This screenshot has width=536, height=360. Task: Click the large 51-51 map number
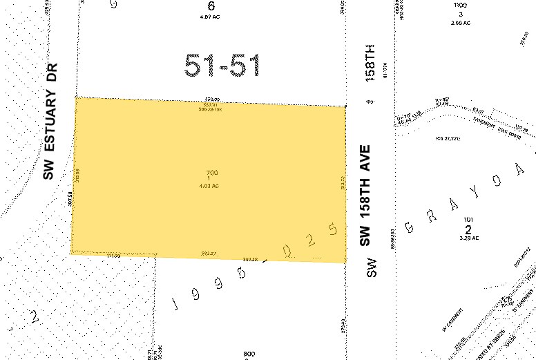tap(222, 65)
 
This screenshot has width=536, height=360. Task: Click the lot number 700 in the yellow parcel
tap(212, 172)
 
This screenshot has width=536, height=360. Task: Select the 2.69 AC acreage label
tap(461, 23)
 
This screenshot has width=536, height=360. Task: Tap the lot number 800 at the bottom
tap(249, 354)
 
